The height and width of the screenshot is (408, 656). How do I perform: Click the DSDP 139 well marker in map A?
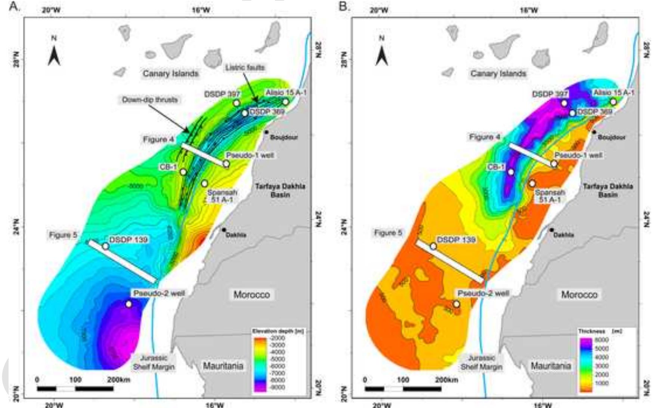106,246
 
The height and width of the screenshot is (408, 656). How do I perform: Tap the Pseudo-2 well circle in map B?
457,304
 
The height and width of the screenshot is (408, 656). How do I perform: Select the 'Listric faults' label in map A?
245,68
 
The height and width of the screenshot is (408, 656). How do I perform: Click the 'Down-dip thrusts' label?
150,100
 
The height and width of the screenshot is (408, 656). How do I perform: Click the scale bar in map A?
75,389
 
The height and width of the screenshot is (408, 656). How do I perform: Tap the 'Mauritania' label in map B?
551,365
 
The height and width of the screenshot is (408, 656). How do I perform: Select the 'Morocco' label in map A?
251,294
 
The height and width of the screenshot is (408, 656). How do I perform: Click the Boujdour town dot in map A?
266,132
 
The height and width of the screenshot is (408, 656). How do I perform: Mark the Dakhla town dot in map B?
551,230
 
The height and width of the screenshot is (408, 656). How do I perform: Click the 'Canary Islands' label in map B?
498,73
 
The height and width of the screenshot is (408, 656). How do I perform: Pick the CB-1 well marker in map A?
183,172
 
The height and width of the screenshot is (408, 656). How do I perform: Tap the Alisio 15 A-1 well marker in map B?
613,102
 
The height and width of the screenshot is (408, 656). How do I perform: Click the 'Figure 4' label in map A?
158,139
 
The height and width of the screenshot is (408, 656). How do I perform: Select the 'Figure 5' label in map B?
388,233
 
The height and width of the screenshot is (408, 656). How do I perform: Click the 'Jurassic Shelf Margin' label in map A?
154,362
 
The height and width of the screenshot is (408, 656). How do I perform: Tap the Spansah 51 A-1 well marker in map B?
532,183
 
